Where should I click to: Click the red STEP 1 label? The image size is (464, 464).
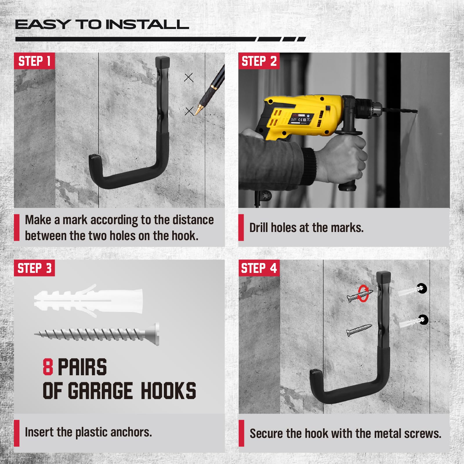point(34,61)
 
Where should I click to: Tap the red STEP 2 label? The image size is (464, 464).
point(259,61)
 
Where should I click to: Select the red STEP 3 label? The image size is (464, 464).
point(34,268)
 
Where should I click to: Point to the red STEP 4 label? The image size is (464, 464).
point(259,268)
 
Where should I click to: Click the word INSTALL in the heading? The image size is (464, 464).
point(147,25)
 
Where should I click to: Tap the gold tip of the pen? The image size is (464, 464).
point(197,111)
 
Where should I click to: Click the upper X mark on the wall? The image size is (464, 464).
point(189,77)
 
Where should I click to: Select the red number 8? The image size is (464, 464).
point(48,367)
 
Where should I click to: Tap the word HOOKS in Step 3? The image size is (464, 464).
point(168,391)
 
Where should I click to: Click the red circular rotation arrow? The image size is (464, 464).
point(363,293)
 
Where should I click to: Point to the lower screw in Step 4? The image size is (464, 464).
point(359,330)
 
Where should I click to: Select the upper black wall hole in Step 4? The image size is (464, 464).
point(422,288)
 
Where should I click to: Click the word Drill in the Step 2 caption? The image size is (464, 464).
point(259,228)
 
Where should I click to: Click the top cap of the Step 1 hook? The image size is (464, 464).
point(163,61)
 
